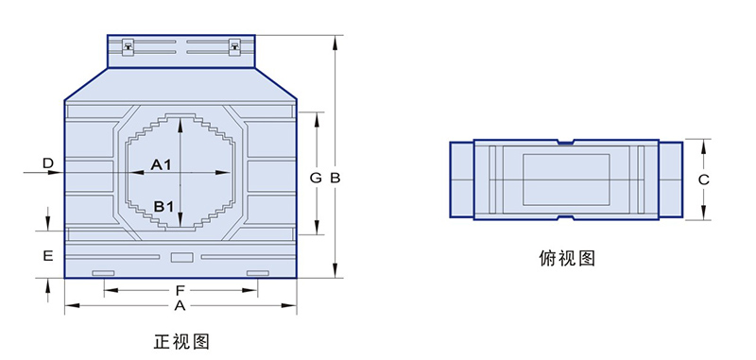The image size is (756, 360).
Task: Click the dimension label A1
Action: (161, 165)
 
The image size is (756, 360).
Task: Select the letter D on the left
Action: (47, 164)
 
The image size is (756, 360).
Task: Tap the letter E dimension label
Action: (47, 255)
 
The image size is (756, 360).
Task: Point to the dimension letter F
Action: (180, 290)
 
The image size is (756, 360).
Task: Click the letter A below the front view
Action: (180, 307)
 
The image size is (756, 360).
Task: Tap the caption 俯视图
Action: (566, 257)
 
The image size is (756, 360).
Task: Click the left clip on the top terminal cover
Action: (127, 43)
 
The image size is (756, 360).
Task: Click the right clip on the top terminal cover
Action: (235, 43)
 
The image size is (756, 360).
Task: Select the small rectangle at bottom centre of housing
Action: (180, 256)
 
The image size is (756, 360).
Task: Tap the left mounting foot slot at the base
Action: (102, 273)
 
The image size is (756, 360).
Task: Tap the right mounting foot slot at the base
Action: (257, 273)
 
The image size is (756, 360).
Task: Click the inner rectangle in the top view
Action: (565, 179)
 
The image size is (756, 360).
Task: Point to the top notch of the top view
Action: (565, 144)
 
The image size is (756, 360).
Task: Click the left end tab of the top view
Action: (460, 179)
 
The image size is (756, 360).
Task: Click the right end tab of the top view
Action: (670, 179)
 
